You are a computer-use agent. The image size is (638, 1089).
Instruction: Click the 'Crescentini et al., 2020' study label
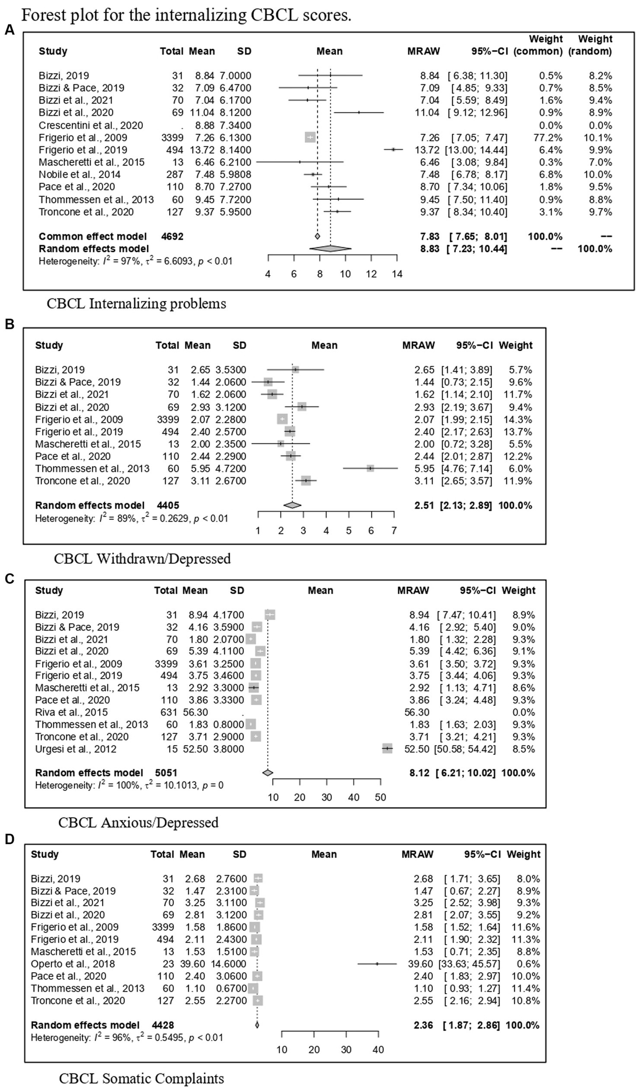pos(91,125)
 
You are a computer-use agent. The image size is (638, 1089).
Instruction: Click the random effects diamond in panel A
pos(330,249)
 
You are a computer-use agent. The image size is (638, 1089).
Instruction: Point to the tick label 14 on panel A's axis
pos(397,274)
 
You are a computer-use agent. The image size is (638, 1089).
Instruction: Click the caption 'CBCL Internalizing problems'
pos(136,303)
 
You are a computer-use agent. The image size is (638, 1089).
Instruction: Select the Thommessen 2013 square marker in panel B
pos(370,468)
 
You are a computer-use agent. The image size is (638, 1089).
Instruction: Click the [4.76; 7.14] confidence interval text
pos(467,469)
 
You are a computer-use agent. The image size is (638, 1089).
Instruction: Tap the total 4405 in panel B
pos(168,505)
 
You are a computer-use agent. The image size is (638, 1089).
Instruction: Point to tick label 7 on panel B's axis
pos(394,531)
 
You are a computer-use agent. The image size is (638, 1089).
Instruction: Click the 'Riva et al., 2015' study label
pos(71,712)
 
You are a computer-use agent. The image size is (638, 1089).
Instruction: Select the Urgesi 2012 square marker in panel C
pos(387,749)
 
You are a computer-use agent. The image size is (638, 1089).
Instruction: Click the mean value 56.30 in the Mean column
pos(195,712)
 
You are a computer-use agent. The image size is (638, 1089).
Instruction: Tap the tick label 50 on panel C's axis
pos(380,797)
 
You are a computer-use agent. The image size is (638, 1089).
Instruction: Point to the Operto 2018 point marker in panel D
pos(377,964)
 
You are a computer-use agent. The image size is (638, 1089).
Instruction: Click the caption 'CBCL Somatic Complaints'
pos(142,1078)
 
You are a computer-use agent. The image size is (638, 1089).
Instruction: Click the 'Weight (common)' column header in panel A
pos(538,45)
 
